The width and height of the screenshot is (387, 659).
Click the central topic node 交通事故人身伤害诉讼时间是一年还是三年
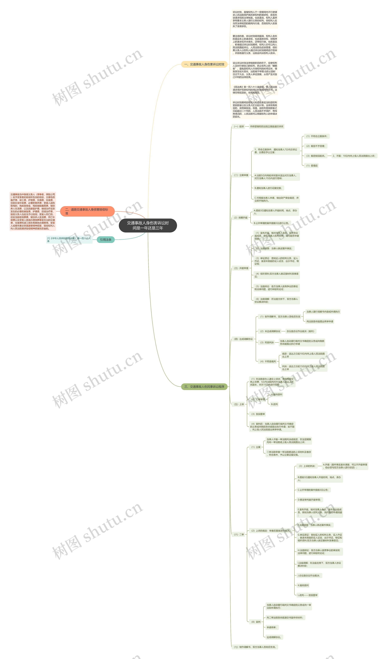[x=148, y=225]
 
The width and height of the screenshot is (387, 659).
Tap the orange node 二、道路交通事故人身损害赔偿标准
[x=87, y=211]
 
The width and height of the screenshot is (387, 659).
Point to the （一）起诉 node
[x=239, y=127]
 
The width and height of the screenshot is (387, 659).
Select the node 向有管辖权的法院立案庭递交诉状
[x=267, y=127]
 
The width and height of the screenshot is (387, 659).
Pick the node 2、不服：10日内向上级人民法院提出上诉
[x=354, y=156]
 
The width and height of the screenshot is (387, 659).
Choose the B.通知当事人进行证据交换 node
[x=268, y=188]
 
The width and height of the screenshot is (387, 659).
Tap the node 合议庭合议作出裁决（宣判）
[x=300, y=331]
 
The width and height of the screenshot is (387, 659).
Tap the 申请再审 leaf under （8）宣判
[x=271, y=627]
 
